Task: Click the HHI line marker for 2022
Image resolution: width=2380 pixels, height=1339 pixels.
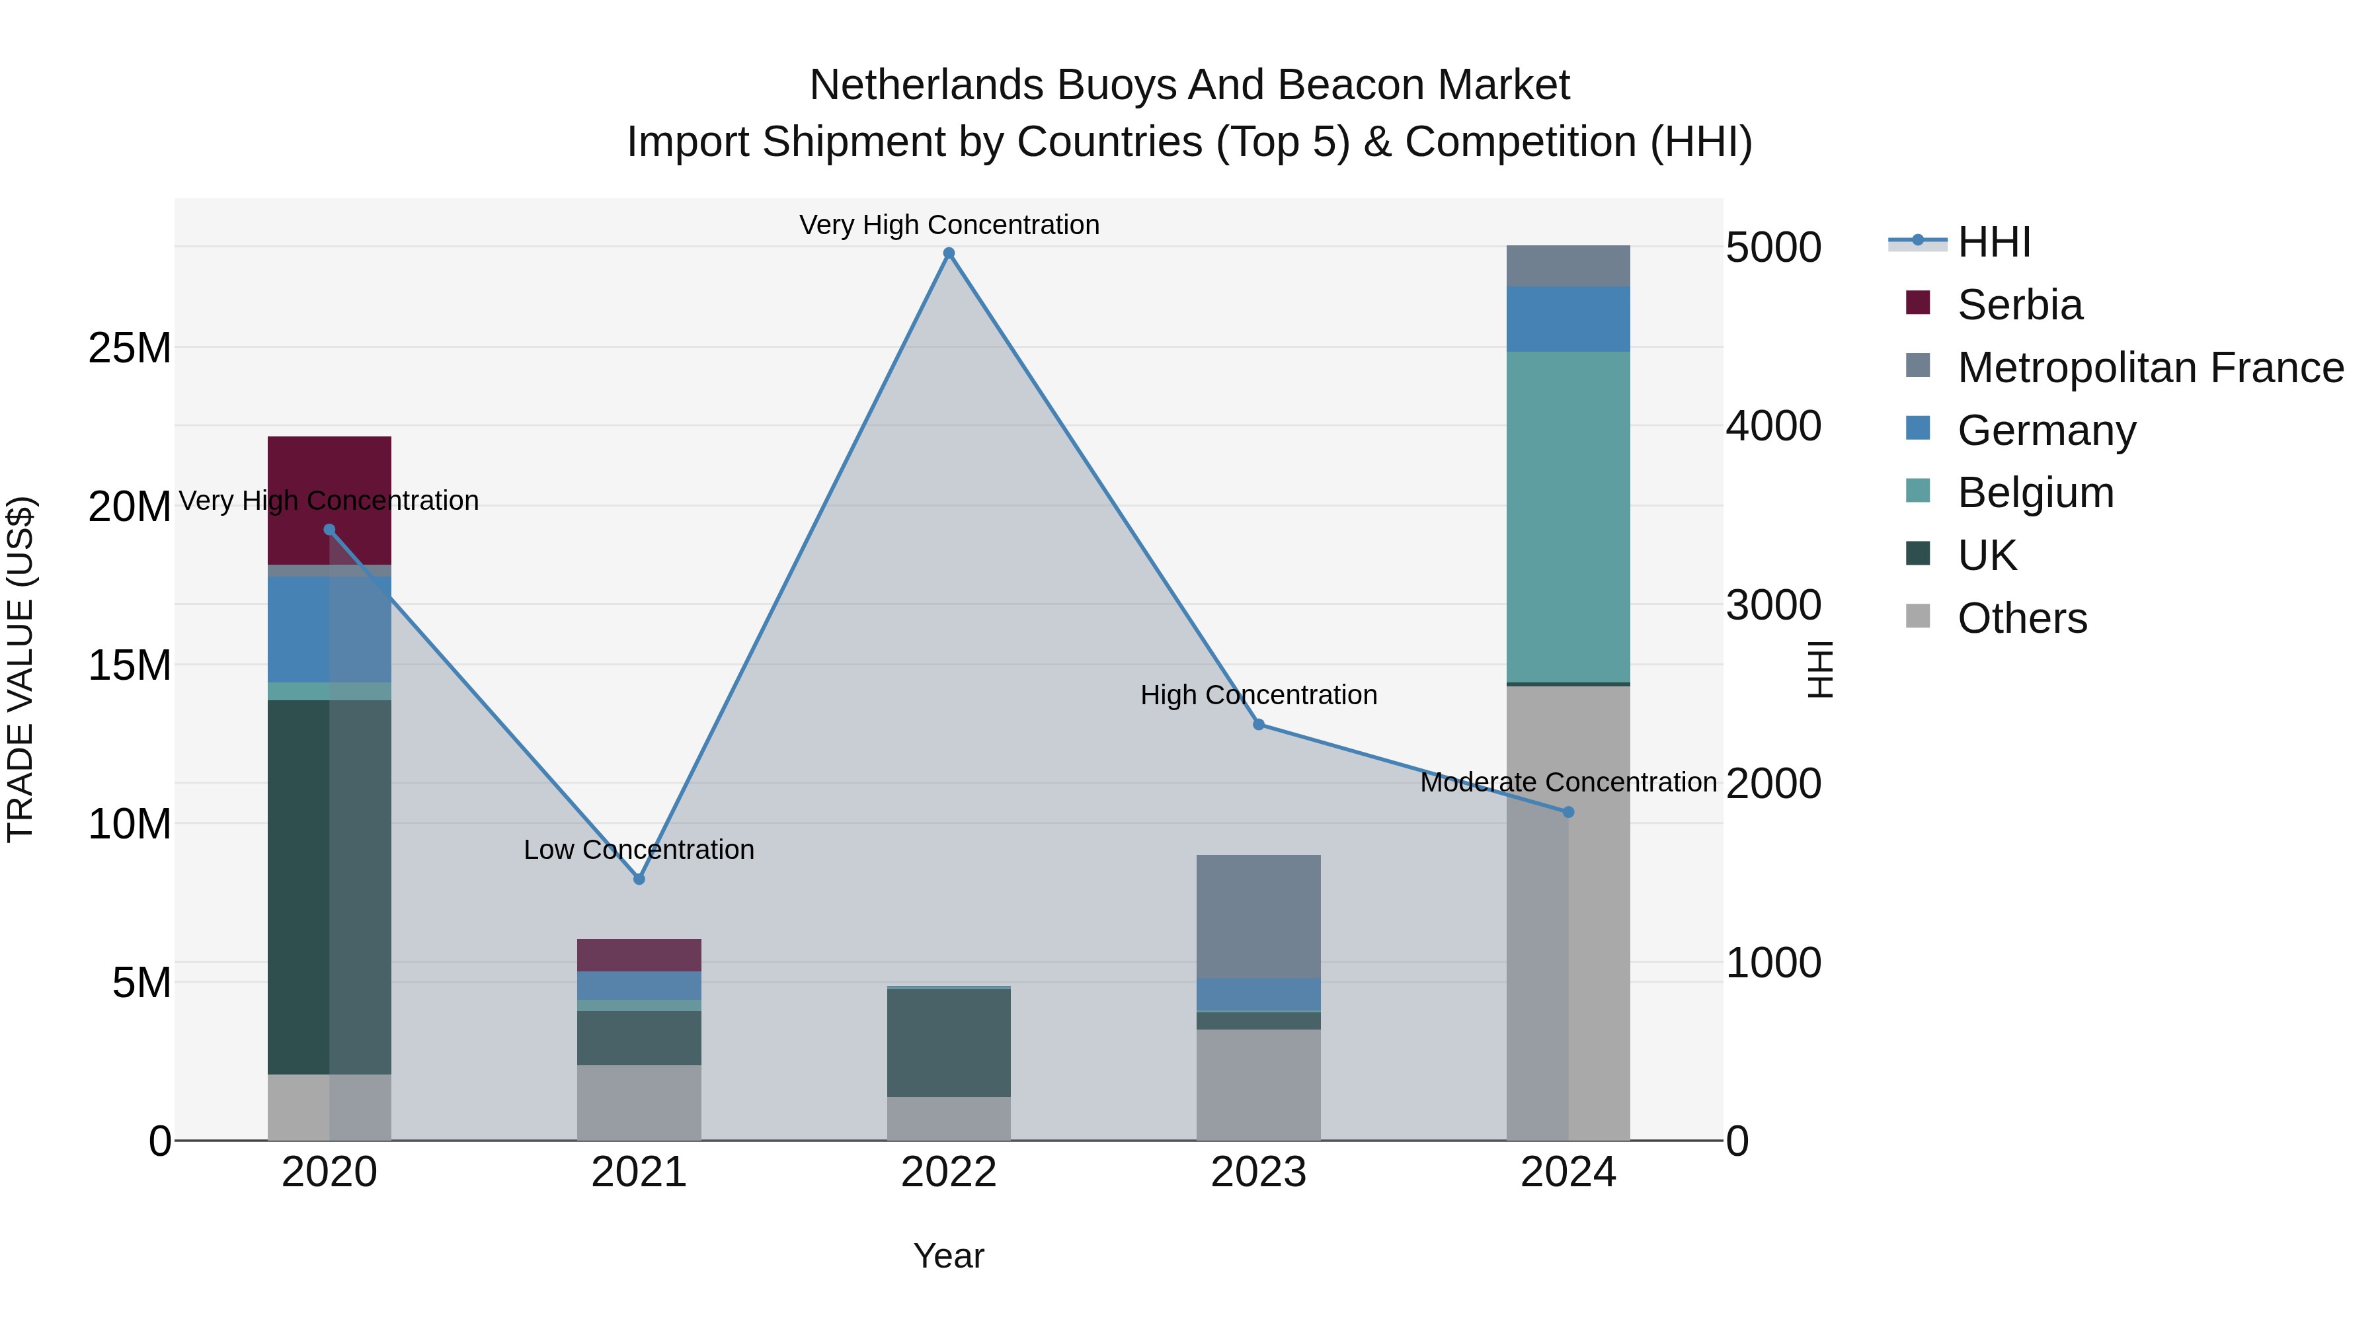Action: (x=949, y=253)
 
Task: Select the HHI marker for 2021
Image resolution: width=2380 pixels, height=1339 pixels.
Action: (x=639, y=879)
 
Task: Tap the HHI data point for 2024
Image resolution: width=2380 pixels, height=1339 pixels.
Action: (x=1568, y=812)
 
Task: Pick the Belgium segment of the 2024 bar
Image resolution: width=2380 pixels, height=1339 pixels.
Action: (x=1568, y=518)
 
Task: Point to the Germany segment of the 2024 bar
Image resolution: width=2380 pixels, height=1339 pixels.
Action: (x=1568, y=319)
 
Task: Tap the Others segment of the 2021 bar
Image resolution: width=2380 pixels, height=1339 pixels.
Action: (x=639, y=1102)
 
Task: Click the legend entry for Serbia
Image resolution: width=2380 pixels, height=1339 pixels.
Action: (x=2020, y=305)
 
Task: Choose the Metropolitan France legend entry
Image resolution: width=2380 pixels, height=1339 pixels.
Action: (x=2150, y=368)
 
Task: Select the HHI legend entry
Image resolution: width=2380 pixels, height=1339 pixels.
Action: (x=1994, y=242)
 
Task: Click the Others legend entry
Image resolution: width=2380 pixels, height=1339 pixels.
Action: (x=2022, y=618)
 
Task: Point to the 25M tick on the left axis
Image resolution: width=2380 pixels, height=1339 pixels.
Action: (x=130, y=348)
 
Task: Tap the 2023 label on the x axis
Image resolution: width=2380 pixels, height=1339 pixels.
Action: (x=1258, y=1172)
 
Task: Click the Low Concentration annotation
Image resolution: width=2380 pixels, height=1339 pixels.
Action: (x=639, y=849)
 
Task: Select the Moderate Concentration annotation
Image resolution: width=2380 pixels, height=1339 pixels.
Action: (x=1568, y=782)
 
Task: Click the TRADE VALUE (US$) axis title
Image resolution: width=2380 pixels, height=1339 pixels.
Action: (x=20, y=669)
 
